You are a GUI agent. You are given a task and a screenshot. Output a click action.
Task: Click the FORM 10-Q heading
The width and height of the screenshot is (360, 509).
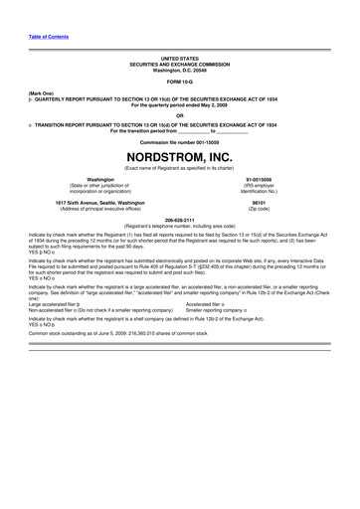(x=180, y=81)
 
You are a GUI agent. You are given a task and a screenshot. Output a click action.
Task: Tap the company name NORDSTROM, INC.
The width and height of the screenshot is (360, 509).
(x=180, y=158)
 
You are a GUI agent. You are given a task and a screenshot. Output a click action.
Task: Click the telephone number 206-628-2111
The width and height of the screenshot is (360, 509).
(x=180, y=219)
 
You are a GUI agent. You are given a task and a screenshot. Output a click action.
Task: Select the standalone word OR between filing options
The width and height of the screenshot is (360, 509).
(x=180, y=112)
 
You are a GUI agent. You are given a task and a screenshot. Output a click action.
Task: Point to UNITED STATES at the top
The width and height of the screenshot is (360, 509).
(x=180, y=59)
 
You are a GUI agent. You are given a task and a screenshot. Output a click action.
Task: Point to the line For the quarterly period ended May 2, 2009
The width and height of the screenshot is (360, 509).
(x=180, y=103)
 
